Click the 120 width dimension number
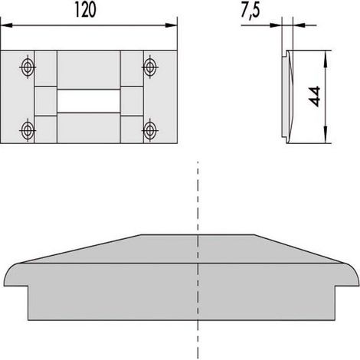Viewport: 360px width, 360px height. (86, 10)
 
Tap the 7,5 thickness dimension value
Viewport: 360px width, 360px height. (250, 11)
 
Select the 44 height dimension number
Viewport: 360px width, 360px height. (315, 97)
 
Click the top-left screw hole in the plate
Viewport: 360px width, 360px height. (28, 67)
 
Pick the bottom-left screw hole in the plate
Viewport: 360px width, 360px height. (28, 130)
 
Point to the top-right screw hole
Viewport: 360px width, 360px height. (150, 67)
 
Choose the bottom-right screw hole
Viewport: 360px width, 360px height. (150, 130)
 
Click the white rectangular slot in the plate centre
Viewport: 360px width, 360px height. (89, 101)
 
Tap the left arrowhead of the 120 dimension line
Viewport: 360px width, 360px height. (6, 25)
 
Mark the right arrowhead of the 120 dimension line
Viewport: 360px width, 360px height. (171, 25)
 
